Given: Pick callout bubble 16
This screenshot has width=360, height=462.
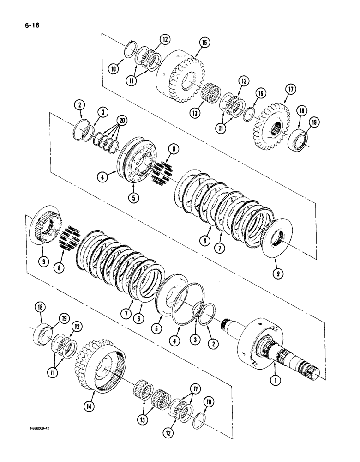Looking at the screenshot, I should pyautogui.click(x=261, y=94).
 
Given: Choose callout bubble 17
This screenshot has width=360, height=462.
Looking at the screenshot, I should pyautogui.click(x=290, y=89).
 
